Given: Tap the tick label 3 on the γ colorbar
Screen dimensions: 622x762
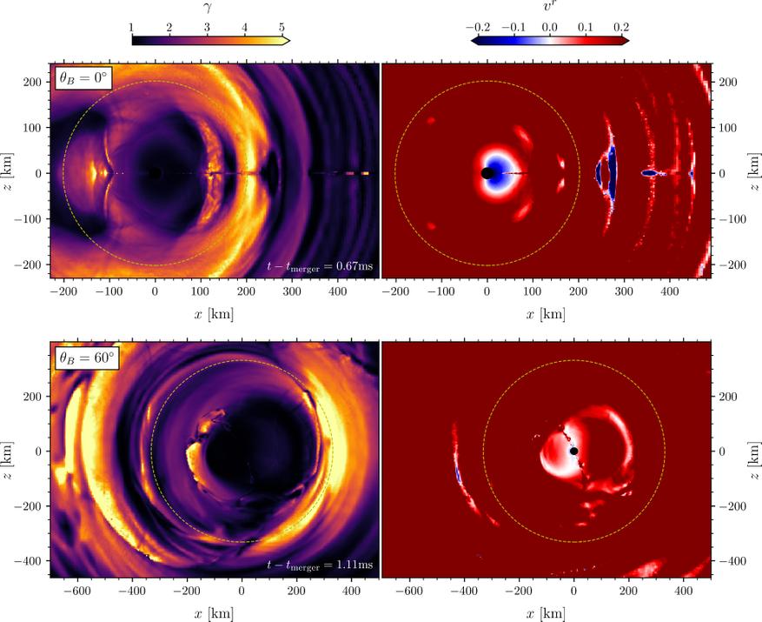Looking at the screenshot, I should point(207,28).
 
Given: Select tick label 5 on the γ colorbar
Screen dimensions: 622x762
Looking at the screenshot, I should point(282,28).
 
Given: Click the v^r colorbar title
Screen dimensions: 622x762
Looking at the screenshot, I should point(549,10).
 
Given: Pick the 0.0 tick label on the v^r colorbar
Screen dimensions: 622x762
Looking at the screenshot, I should point(549,27).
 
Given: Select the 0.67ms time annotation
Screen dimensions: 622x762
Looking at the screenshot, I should point(321,266).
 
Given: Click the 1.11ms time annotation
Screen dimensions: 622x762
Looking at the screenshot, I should point(321,565).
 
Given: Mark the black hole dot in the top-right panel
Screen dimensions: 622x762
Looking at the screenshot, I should point(487,173).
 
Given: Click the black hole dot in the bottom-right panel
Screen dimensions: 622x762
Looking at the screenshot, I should point(573,451).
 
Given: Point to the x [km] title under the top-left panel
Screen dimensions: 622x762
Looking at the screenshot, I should point(214,312).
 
